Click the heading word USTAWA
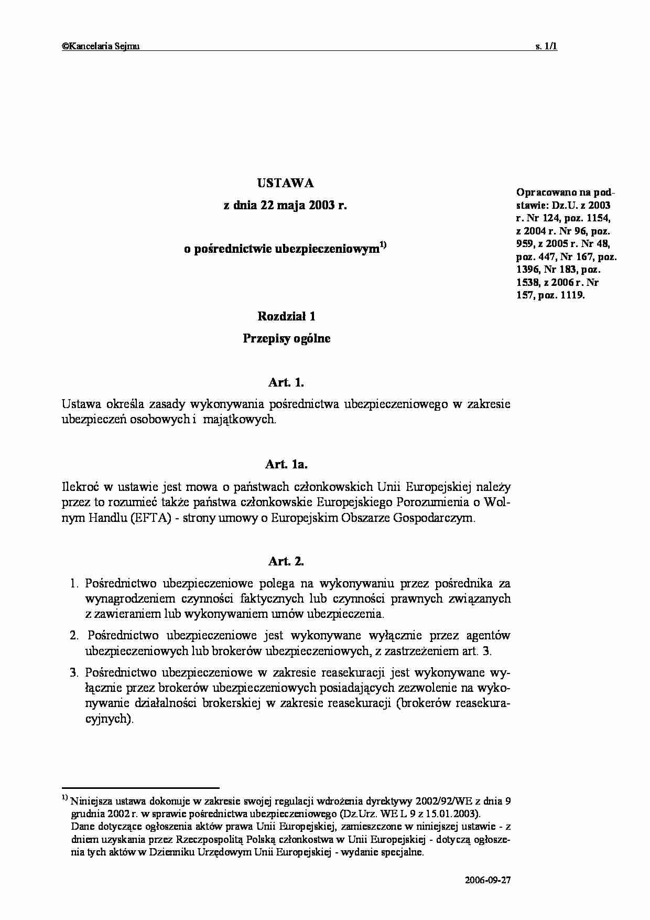286,183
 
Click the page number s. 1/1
546,46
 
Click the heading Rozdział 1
286,316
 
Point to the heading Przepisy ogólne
286,338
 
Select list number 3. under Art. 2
74,672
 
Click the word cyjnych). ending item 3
109,719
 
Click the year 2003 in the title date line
322,206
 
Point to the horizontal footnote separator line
140,787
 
